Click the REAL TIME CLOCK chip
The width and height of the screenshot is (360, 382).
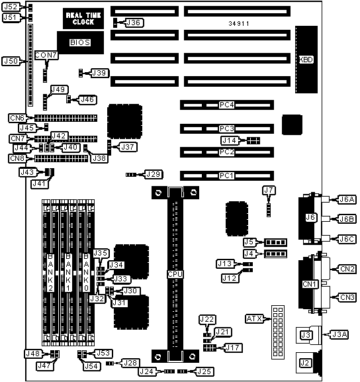pyautogui.click(x=83, y=19)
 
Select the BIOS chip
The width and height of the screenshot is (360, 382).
pyautogui.click(x=80, y=42)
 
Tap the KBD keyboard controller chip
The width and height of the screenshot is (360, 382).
pyautogui.click(x=306, y=60)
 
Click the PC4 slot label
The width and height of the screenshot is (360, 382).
pyautogui.click(x=226, y=105)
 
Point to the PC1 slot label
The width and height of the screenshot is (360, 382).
pyautogui.click(x=226, y=175)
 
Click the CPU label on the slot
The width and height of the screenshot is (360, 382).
pyautogui.click(x=175, y=274)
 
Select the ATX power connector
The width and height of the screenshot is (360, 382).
pyautogui.click(x=278, y=332)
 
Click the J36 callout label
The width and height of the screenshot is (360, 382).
pyautogui.click(x=134, y=23)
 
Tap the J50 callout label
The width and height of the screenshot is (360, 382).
pyautogui.click(x=11, y=61)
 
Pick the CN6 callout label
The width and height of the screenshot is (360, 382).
pyautogui.click(x=17, y=118)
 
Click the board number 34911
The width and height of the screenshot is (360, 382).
pyautogui.click(x=239, y=24)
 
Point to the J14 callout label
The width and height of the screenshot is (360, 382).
pyautogui.click(x=230, y=140)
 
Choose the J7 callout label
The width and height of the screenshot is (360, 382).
pyautogui.click(x=269, y=190)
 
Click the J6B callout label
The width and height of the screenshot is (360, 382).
pyautogui.click(x=347, y=219)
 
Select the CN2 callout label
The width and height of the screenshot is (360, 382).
pyautogui.click(x=347, y=269)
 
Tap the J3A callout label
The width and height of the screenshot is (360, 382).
pyautogui.click(x=339, y=334)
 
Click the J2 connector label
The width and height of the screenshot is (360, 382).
pyautogui.click(x=304, y=363)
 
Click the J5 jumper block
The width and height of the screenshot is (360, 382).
pyautogui.click(x=276, y=242)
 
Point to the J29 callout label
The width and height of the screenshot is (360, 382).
pyautogui.click(x=154, y=174)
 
